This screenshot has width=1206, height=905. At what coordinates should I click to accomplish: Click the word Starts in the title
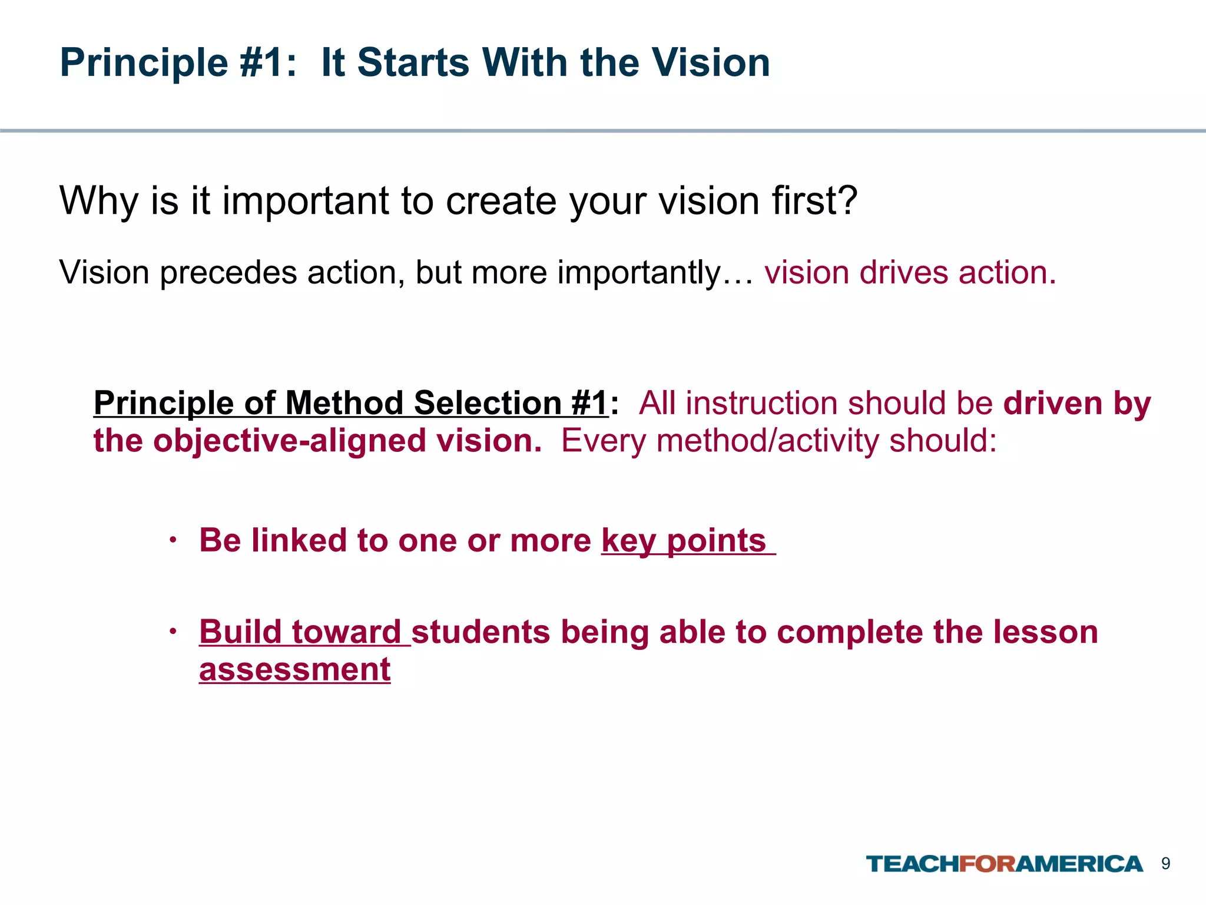pos(413,62)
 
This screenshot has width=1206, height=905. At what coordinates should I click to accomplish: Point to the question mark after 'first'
pos(846,201)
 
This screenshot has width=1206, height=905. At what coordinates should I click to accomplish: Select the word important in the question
pos(307,202)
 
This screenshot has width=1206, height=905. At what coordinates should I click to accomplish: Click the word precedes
pos(228,273)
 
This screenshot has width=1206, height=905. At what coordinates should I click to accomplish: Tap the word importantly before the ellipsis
pos(640,273)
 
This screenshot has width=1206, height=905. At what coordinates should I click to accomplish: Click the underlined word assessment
pos(295,670)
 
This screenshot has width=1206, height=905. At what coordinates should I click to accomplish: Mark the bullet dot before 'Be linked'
pos(173,540)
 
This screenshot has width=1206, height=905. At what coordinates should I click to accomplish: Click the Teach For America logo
pos(1004,864)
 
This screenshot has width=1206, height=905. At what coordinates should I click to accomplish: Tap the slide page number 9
pos(1165,864)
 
